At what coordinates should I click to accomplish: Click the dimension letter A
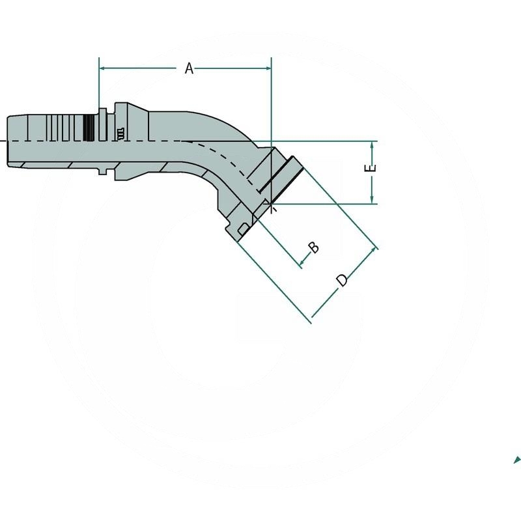point(189,68)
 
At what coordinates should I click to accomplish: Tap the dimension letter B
point(313,247)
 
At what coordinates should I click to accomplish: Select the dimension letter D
point(342,280)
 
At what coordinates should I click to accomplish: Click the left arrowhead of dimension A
point(102,67)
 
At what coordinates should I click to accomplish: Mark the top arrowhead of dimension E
point(371,144)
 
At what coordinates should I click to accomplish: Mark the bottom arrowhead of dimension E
point(371,200)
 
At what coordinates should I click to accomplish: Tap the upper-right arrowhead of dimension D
point(374,249)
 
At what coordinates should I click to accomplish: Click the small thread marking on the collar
point(121,134)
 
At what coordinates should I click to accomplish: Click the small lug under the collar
point(102,171)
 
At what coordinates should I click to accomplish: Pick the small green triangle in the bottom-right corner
point(518,458)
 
